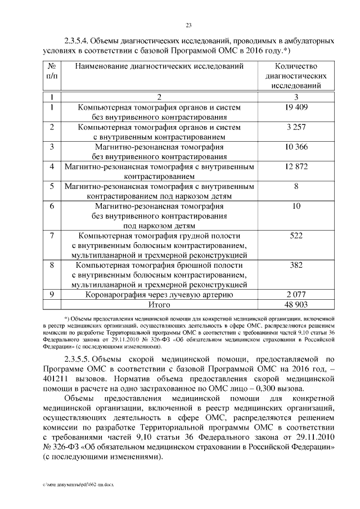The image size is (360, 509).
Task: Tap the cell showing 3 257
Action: tap(295, 128)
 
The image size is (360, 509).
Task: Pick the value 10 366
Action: tap(295, 147)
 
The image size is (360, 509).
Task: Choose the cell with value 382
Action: tap(296, 265)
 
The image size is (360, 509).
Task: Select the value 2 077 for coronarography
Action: tap(295, 294)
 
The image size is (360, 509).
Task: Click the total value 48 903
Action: tap(295, 304)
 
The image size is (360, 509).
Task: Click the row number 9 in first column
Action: tap(52, 294)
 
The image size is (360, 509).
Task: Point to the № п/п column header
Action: tap(52, 71)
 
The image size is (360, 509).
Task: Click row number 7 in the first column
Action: tap(52, 236)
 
